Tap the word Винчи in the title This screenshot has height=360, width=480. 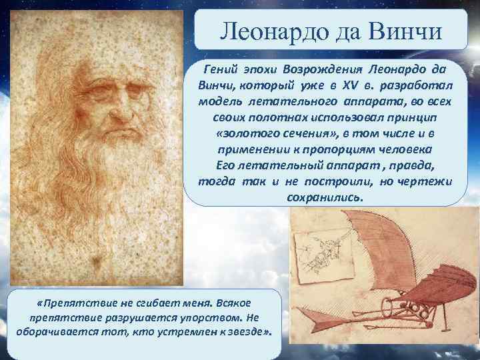[408, 31]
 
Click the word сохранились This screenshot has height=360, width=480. [325, 198]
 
